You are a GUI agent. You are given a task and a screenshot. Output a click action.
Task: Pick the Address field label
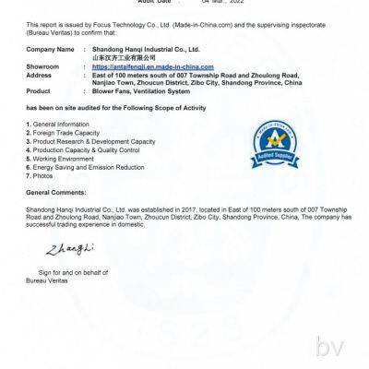click(41, 75)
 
